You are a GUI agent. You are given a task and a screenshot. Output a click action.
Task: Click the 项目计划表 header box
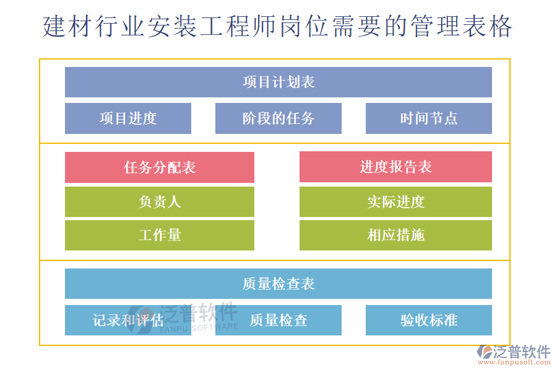pyautogui.click(x=278, y=82)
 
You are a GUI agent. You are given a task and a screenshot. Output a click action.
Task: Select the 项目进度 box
pyautogui.click(x=128, y=118)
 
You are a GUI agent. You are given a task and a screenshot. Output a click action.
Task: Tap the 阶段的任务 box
pyautogui.click(x=278, y=118)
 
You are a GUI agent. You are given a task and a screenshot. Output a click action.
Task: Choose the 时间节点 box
pyautogui.click(x=429, y=118)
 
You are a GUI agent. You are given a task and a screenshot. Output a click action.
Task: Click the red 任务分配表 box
pyautogui.click(x=160, y=167)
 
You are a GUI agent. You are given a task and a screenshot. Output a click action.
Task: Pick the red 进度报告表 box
pyautogui.click(x=395, y=167)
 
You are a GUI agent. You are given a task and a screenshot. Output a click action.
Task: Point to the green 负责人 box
pyautogui.click(x=160, y=201)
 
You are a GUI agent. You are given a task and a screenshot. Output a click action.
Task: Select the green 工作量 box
pyautogui.click(x=160, y=235)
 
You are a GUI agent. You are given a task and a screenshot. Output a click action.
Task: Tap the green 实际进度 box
pyautogui.click(x=395, y=201)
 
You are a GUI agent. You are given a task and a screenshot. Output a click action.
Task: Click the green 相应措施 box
pyautogui.click(x=395, y=235)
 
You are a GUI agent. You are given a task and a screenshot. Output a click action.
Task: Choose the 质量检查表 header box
pyautogui.click(x=278, y=283)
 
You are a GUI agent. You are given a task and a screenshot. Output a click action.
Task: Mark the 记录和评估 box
pyautogui.click(x=128, y=320)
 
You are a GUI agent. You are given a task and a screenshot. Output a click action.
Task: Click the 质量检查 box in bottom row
pyautogui.click(x=278, y=320)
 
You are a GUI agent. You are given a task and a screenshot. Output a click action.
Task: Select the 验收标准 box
pyautogui.click(x=429, y=320)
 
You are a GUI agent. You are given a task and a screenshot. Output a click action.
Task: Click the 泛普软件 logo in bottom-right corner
pyautogui.click(x=514, y=352)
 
